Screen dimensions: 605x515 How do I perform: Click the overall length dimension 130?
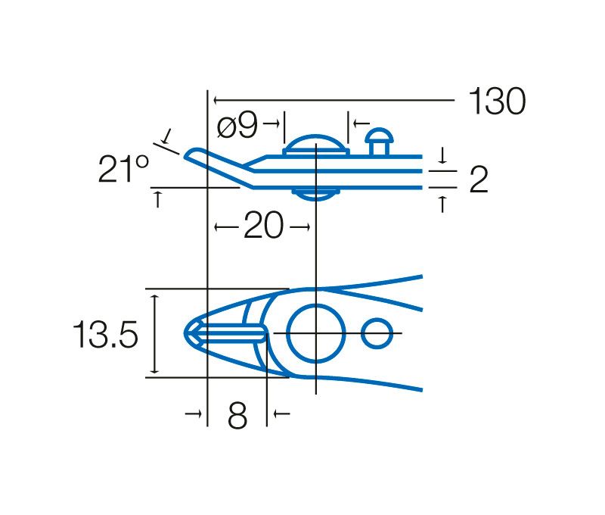pos(497,101)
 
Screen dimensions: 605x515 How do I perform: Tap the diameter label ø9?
pos(237,126)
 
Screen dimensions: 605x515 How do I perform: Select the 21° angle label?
pos(123,169)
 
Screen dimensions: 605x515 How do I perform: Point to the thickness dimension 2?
pos(479,179)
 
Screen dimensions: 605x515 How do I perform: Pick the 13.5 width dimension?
pos(105,335)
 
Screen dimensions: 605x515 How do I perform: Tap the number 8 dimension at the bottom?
pos(237,416)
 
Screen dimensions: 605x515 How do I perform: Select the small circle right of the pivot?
pos(377,333)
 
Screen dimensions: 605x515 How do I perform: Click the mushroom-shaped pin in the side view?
pos(380,142)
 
